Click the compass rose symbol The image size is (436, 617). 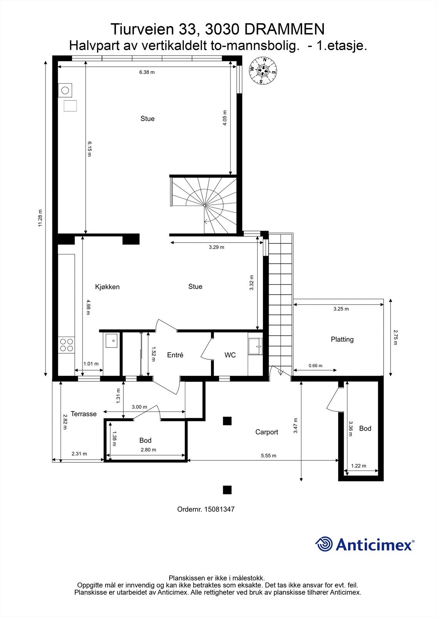coord(263,70)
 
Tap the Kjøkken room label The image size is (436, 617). coord(108,287)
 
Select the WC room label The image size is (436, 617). coord(230,355)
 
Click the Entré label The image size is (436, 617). coord(175,355)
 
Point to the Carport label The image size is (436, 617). coord(267,432)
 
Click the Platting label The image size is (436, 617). coord(342,339)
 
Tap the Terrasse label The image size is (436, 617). coord(84,414)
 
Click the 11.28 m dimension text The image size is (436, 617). coord(40,218)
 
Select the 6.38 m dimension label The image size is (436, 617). coord(147,72)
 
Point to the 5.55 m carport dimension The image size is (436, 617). coord(269,455)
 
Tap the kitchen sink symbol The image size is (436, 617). coord(111,341)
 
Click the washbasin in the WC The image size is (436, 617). coord(255,346)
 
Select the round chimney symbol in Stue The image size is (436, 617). coord(65,90)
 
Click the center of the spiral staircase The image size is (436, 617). coord(204,205)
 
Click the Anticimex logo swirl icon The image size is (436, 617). coord(324,544)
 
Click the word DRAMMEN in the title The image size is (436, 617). coord(284,29)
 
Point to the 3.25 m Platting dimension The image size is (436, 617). coord(341,309)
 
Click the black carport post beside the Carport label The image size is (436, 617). coord(227,421)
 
